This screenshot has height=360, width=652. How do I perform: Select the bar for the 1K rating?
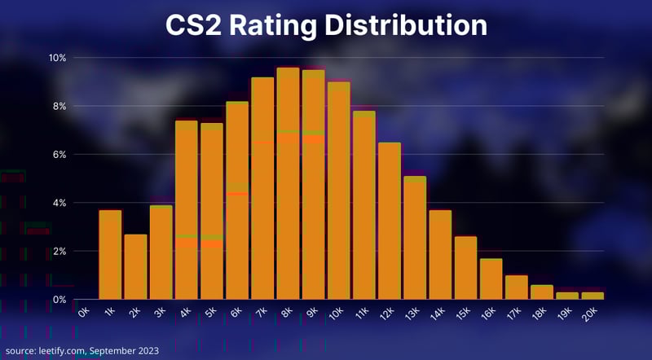click(x=110, y=254)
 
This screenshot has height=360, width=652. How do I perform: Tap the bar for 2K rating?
click(x=135, y=266)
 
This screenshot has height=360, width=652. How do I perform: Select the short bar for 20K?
click(x=593, y=296)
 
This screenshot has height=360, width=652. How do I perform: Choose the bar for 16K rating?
click(x=491, y=279)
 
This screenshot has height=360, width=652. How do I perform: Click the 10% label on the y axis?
click(x=56, y=58)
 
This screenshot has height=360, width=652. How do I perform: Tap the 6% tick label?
click(x=59, y=154)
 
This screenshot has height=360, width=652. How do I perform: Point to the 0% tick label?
click(x=59, y=299)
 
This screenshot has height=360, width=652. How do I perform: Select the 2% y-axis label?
click(x=59, y=251)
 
